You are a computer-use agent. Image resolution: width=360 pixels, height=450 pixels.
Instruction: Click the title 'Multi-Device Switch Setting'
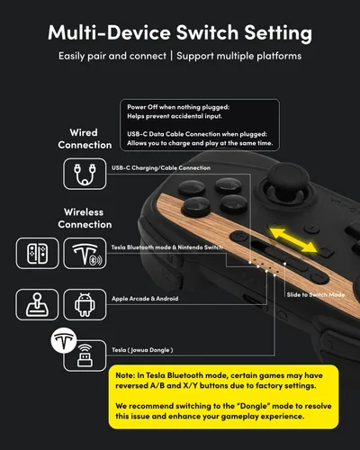[x=180, y=33]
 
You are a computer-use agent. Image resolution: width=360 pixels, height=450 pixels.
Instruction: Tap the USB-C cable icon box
[x=85, y=174]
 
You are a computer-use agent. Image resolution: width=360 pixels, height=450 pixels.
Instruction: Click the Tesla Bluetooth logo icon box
[x=85, y=254]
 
